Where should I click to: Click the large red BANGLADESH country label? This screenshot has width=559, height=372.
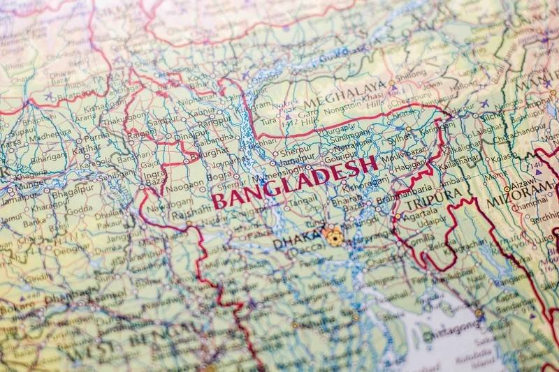tap(293, 183)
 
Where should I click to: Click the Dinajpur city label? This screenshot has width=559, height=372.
tap(191, 137)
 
